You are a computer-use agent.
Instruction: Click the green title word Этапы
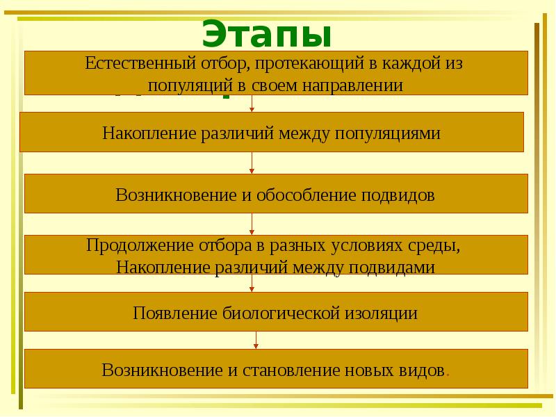[267, 33]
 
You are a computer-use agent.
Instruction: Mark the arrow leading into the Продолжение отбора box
[252, 224]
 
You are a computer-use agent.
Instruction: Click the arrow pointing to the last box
[256, 339]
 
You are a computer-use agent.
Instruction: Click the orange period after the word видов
[447, 373]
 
